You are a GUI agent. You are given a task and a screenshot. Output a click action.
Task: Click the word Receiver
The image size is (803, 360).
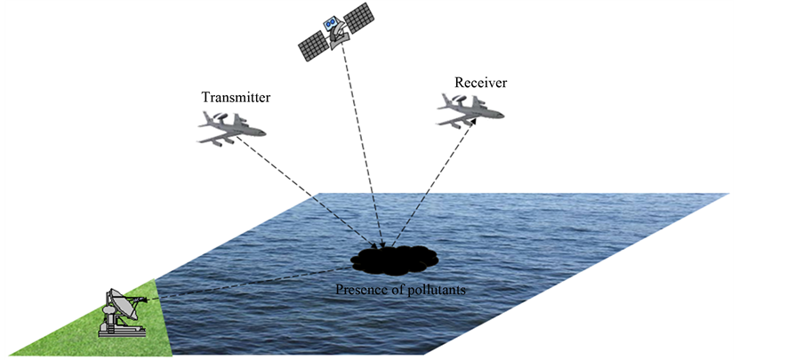click(480, 83)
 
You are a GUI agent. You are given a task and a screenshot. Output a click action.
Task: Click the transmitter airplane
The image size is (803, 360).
click(231, 129)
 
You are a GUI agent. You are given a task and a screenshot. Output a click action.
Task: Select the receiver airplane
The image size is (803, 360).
click(470, 109)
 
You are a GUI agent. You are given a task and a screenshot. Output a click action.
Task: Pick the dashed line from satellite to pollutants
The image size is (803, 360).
click(365, 151)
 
